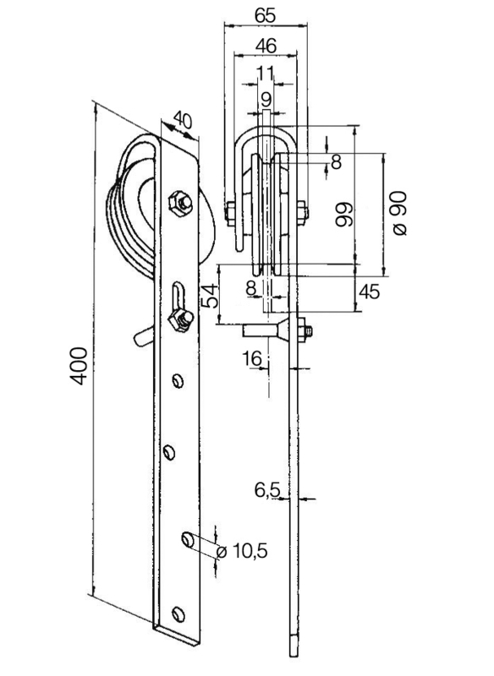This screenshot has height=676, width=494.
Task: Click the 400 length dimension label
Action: tap(80, 366)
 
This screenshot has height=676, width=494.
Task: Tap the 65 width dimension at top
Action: tap(265, 15)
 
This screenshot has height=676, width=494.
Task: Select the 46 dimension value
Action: tap(266, 46)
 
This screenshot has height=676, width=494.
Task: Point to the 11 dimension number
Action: tap(266, 74)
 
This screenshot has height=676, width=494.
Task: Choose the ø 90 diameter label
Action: tap(399, 214)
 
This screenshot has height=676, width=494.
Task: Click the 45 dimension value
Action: tap(370, 292)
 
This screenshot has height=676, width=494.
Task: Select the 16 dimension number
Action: tap(252, 357)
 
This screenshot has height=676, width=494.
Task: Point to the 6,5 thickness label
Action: tap(267, 490)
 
